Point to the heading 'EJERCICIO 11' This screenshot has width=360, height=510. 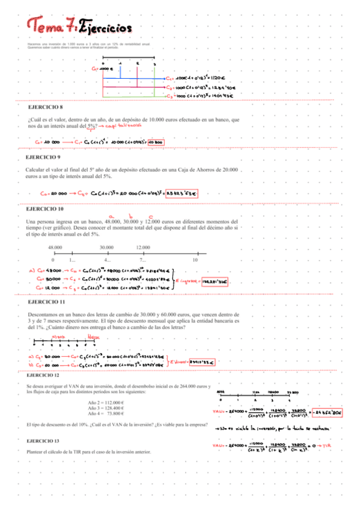click(46, 301)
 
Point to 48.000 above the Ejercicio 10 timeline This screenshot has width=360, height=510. click(55, 248)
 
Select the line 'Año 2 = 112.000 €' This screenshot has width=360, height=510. click(106, 402)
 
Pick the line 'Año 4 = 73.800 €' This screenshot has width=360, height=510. click(106, 414)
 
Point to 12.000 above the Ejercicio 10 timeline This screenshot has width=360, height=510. click(143, 248)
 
